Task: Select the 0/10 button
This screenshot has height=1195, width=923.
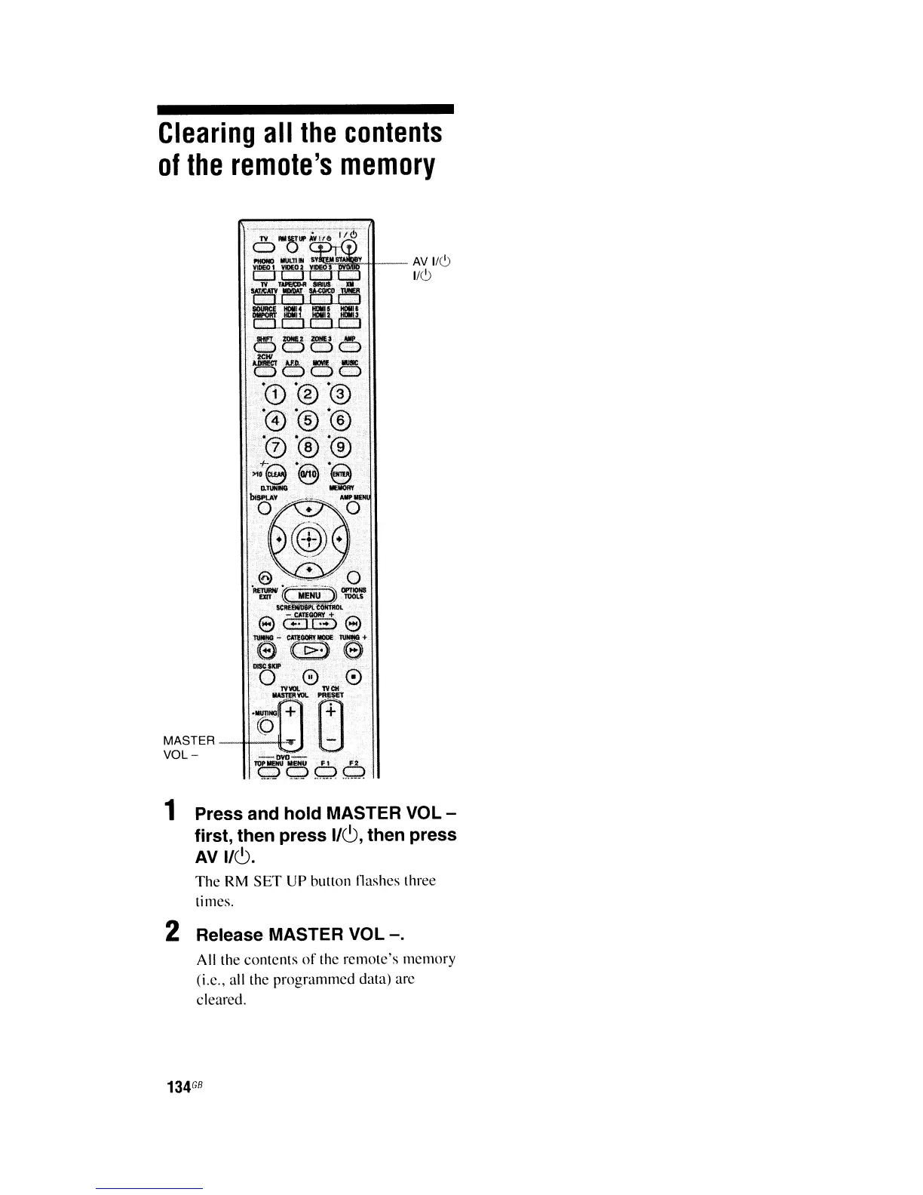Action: [308, 475]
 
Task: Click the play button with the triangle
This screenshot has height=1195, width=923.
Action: [308, 650]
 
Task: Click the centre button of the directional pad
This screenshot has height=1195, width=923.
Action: [308, 539]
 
